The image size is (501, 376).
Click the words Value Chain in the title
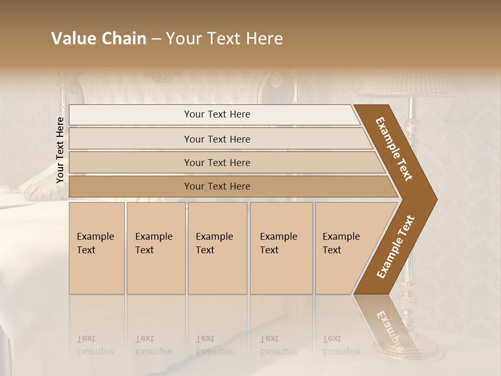tap(99, 39)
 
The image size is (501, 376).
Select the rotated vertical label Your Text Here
tap(60, 150)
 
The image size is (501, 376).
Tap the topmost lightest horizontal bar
tap(217, 114)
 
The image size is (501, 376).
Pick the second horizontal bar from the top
tap(217, 139)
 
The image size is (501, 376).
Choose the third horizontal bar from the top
tap(217, 162)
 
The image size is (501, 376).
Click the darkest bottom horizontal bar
tap(217, 186)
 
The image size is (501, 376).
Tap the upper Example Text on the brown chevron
tap(394, 149)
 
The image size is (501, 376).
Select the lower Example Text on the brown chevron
tap(396, 247)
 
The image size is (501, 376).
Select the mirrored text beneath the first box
tap(95, 345)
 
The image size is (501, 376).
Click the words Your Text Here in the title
tap(224, 39)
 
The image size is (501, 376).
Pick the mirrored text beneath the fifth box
tap(341, 345)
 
